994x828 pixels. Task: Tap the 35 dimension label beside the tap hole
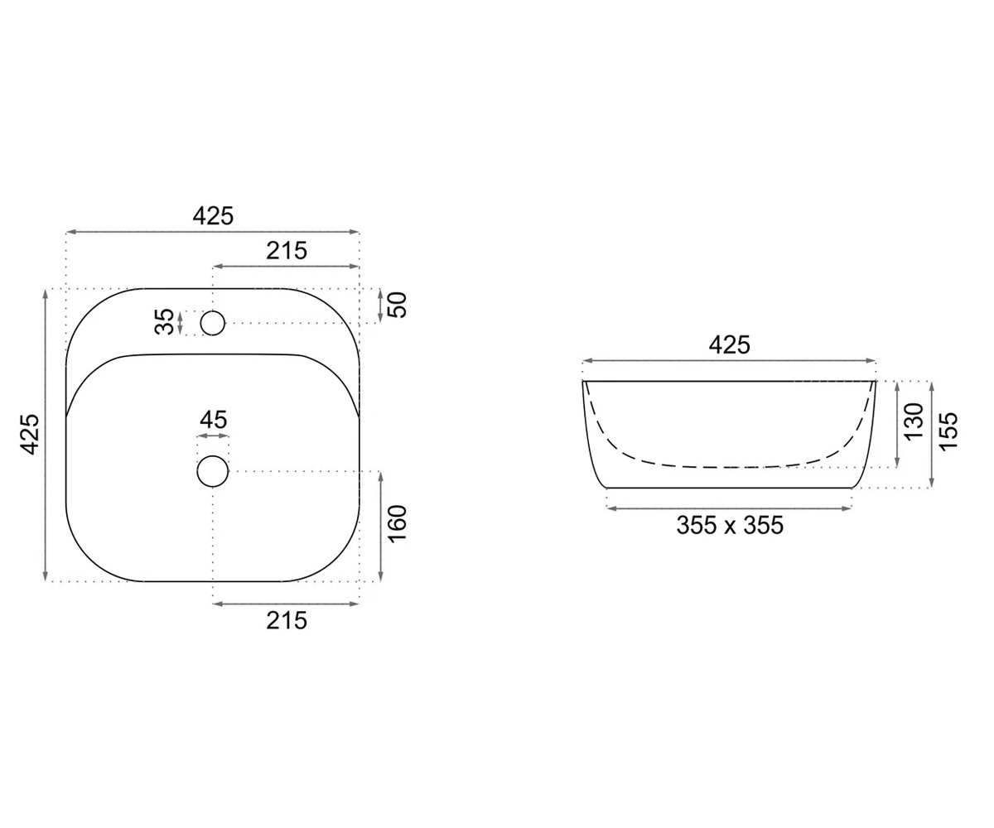pos(165,322)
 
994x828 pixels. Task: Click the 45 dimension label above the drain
pos(213,420)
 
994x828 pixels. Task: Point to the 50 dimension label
pos(398,305)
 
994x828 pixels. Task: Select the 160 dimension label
pos(398,523)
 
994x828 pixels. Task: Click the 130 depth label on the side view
pos(914,422)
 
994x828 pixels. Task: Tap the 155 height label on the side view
pos(948,431)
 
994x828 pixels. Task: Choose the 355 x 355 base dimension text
pos(730,525)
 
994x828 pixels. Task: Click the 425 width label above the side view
pos(729,345)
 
